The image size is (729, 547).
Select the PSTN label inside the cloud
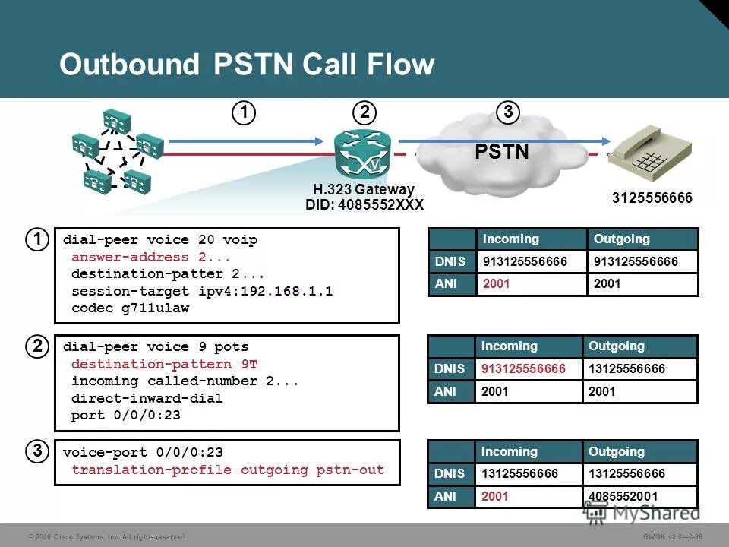click(502, 152)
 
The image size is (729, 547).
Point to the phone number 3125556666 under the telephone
click(652, 198)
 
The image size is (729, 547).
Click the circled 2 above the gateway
click(365, 113)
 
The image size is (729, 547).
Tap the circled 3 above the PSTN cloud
click(507, 113)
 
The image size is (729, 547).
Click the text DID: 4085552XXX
click(364, 205)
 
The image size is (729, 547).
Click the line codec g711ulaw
click(130, 308)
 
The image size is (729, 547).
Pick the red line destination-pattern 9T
click(165, 364)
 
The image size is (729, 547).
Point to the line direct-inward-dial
click(147, 398)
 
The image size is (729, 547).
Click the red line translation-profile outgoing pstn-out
click(228, 470)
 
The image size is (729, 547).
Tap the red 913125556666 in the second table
click(524, 368)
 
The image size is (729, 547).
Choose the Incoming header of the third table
click(509, 451)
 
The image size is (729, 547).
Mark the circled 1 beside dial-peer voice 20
click(36, 239)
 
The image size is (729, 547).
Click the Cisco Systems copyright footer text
click(106, 536)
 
